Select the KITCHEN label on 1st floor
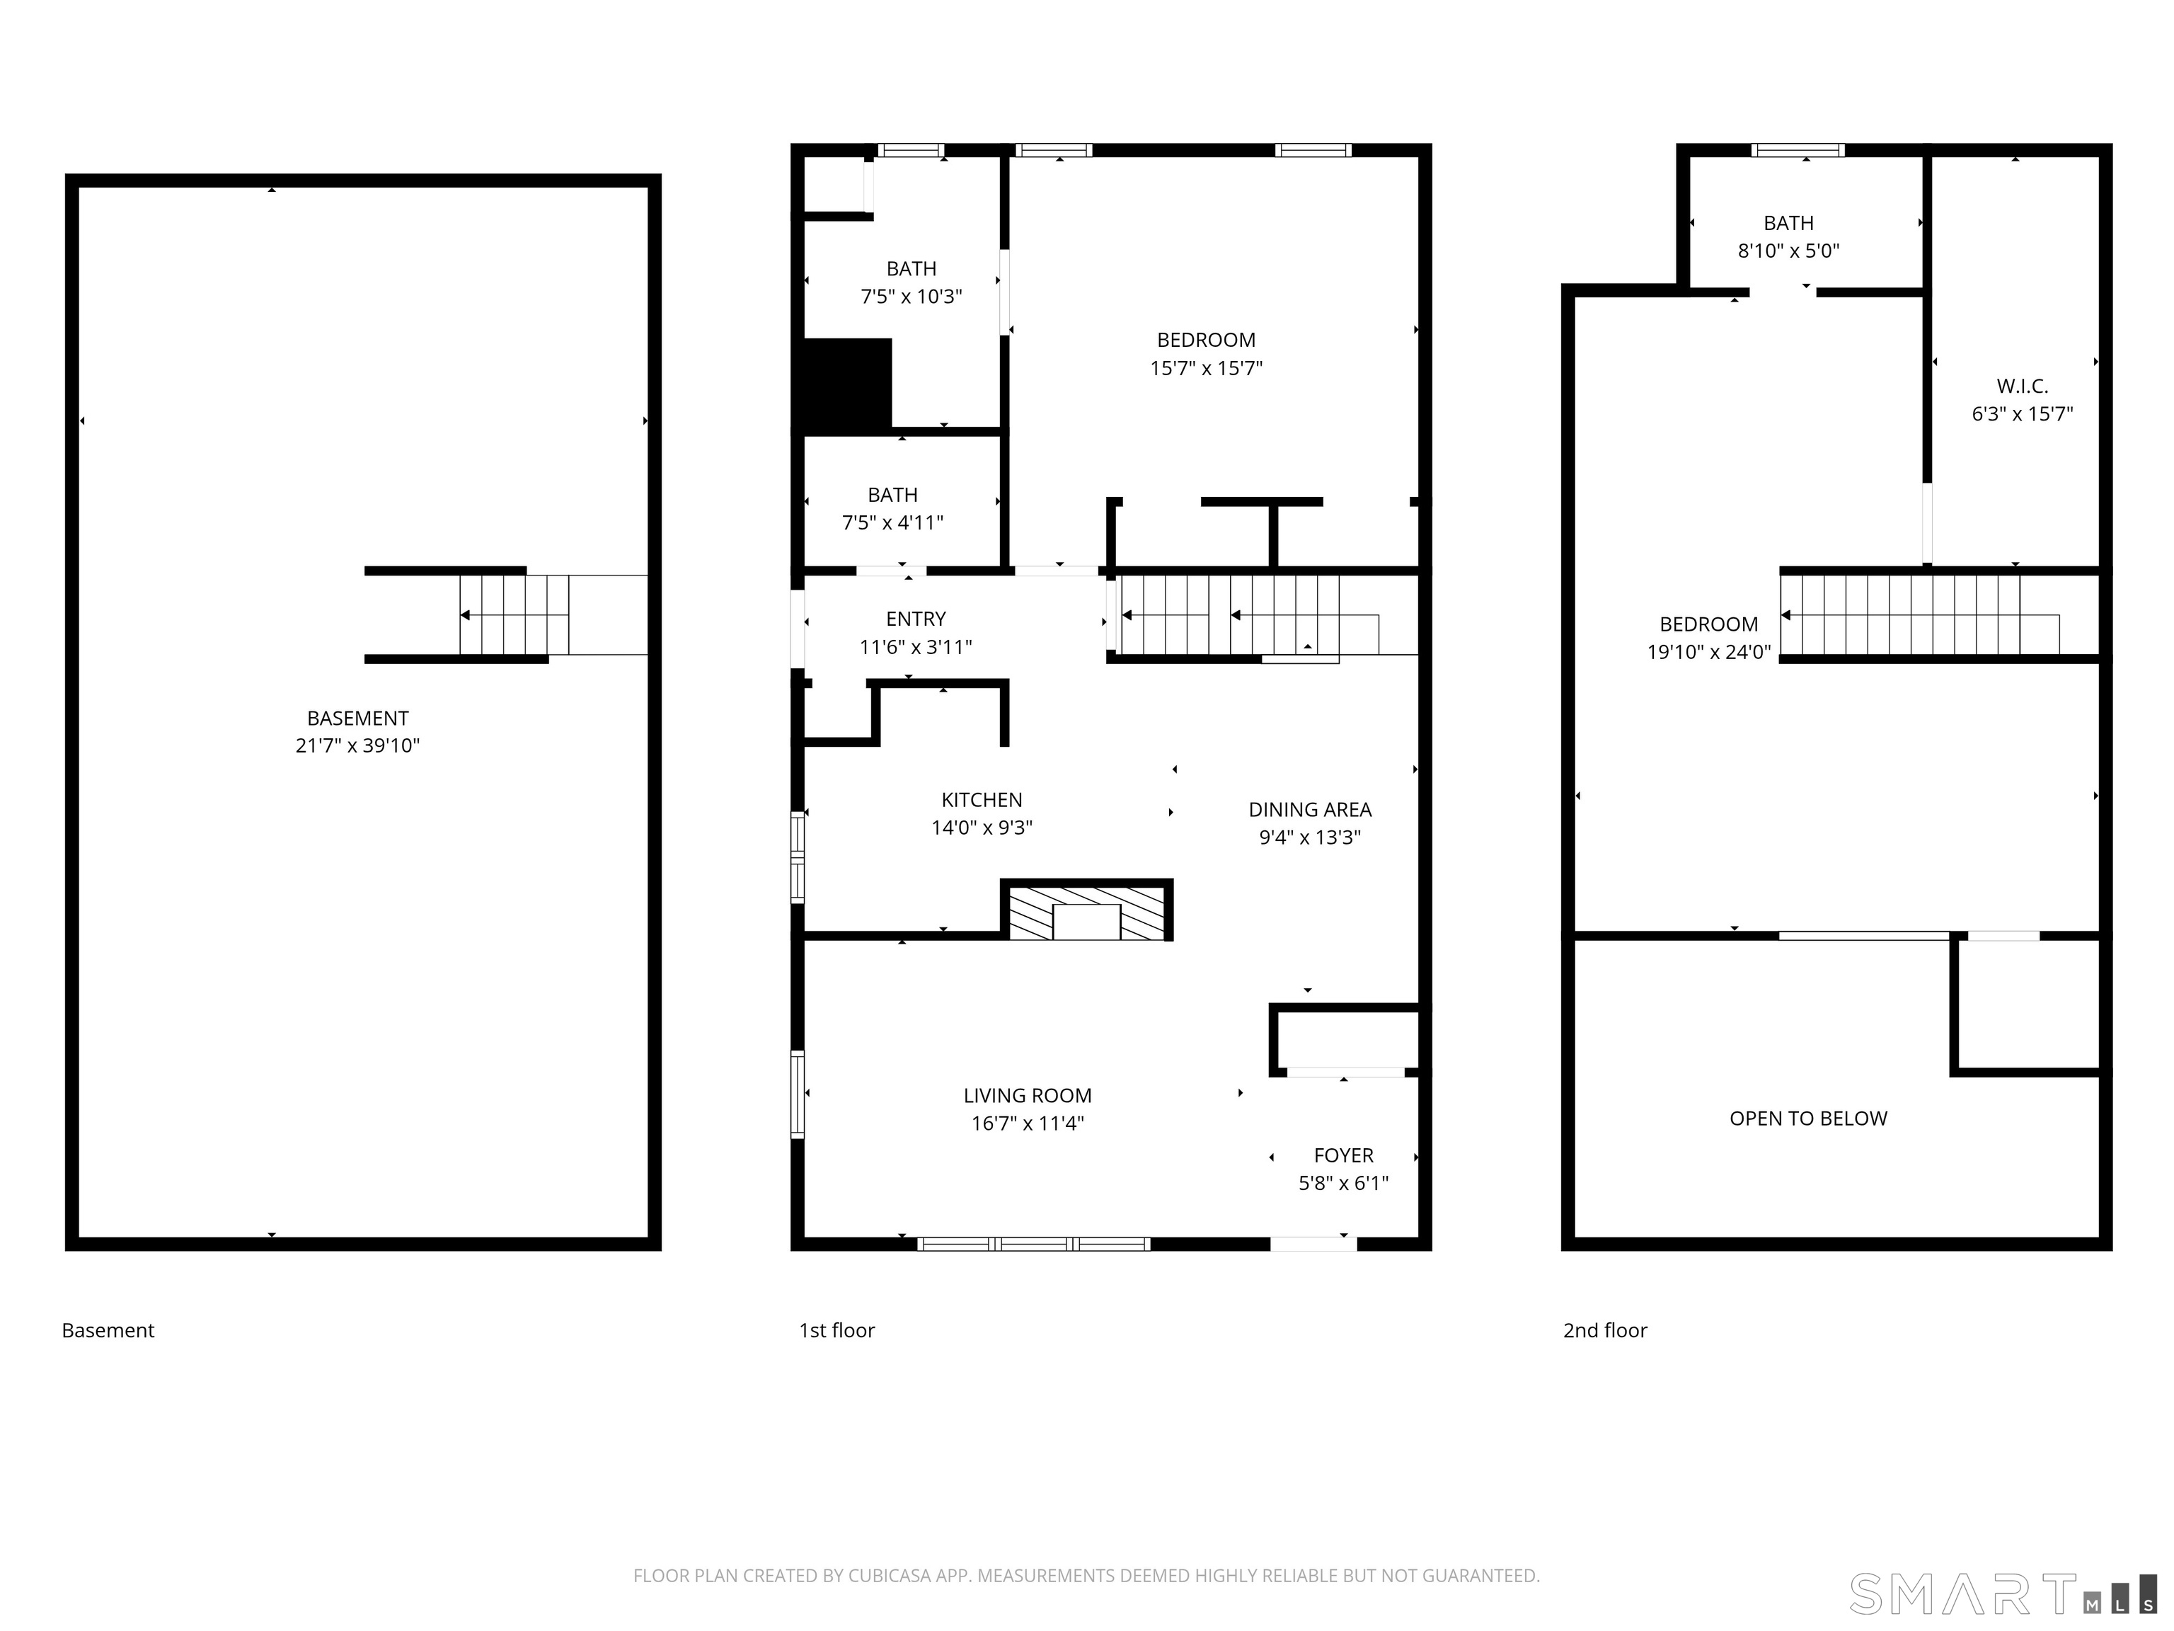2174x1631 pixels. pyautogui.click(x=981, y=799)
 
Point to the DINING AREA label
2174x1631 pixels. pyautogui.click(x=1309, y=809)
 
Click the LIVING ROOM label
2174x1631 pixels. pyautogui.click(x=1027, y=1095)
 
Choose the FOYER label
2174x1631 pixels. pyautogui.click(x=1342, y=1155)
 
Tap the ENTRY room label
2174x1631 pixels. pyautogui.click(x=915, y=619)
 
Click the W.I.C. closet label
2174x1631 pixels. pyautogui.click(x=2022, y=387)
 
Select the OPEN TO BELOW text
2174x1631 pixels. pyautogui.click(x=1807, y=1118)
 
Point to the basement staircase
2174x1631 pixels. pyautogui.click(x=514, y=615)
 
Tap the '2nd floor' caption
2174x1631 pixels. pyautogui.click(x=1604, y=1330)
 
